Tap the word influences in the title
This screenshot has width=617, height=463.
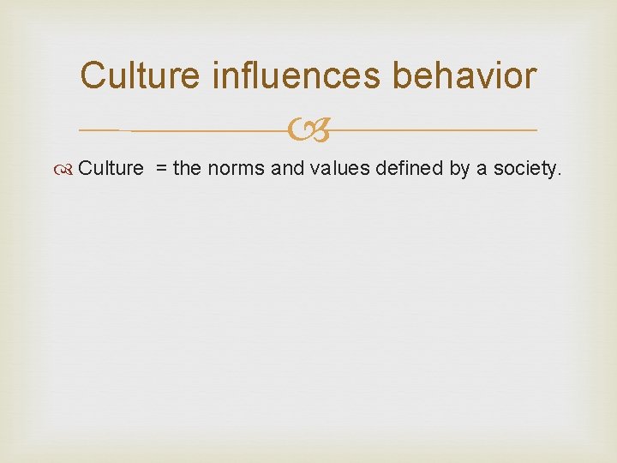tap(297, 75)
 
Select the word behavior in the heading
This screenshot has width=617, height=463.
tap(464, 75)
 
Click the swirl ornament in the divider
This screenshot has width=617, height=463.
tap(307, 131)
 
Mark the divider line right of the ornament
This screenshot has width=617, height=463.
tap(433, 130)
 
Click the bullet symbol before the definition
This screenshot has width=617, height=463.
tap(68, 169)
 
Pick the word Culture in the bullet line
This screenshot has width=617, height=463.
tap(111, 168)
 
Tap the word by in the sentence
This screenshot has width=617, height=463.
tap(459, 169)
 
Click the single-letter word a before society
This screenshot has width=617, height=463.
tap(482, 169)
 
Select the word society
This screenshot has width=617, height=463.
tap(524, 169)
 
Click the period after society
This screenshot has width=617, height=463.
tap(560, 174)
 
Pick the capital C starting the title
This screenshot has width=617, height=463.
tap(94, 75)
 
